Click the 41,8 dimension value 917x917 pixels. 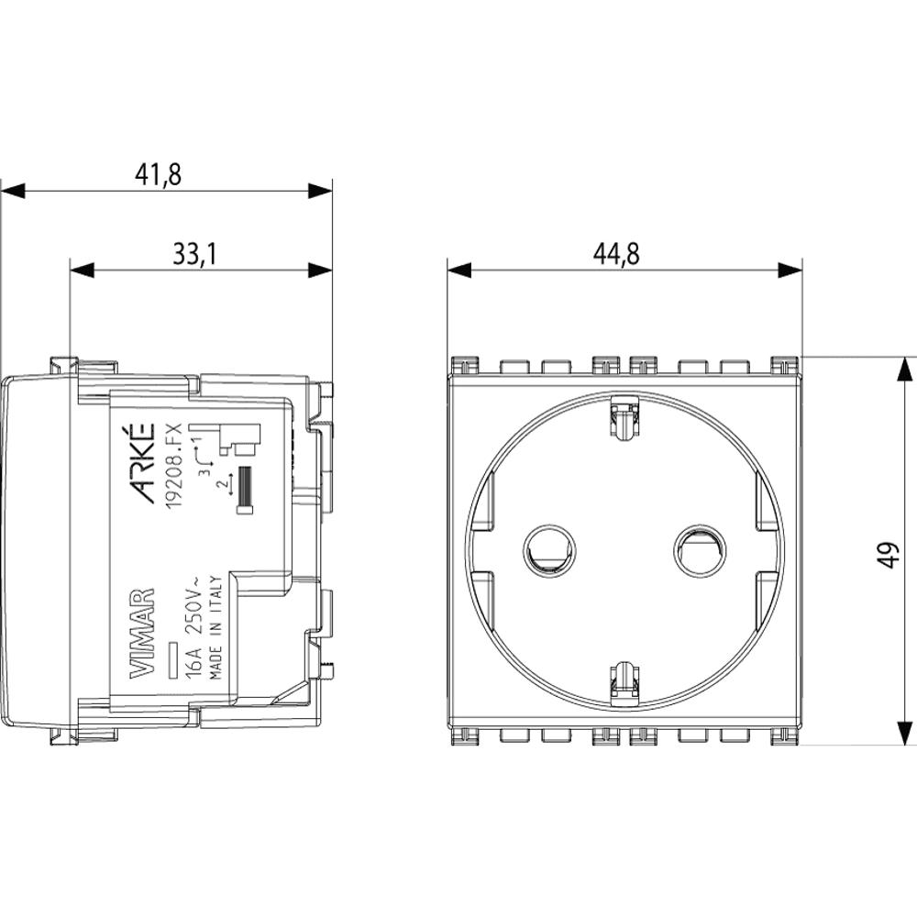[159, 174]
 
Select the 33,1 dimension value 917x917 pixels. [194, 254]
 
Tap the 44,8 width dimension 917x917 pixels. [616, 254]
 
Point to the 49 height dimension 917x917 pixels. [889, 555]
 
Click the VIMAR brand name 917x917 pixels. [141, 634]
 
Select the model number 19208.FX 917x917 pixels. [175, 467]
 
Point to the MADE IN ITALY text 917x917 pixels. [215, 627]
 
